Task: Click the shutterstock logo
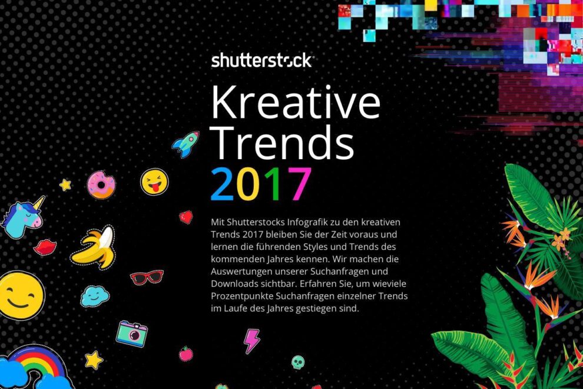coord(261,60)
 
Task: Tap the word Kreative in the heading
coord(295,103)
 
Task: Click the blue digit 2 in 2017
coord(223,184)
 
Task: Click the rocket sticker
coord(185,144)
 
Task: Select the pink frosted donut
coord(101,184)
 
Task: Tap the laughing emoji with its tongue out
coord(154,182)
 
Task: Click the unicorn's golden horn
coord(39,203)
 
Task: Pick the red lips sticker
coord(45,247)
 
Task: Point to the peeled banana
coord(94,246)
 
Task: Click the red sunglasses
coord(147,277)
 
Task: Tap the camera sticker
coord(132,333)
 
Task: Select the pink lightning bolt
coord(252,341)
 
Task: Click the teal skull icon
coord(299,361)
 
